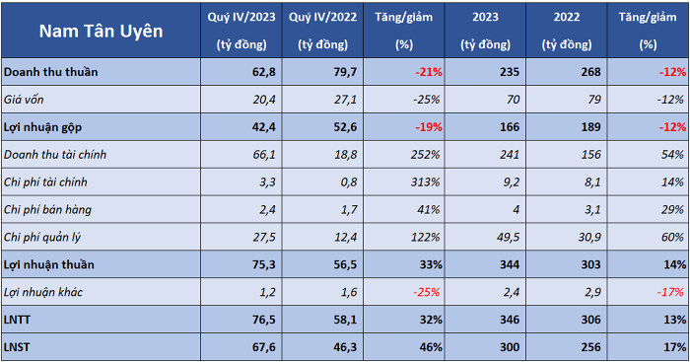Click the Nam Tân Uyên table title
point(101,31)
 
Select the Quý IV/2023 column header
point(241,31)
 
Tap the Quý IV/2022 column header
point(322,31)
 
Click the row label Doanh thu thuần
point(51,72)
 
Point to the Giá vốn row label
point(24,100)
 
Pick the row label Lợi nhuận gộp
point(42,127)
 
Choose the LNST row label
point(17,347)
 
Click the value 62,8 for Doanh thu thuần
point(264,72)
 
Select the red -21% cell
point(429,72)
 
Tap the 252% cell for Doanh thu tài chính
point(425,155)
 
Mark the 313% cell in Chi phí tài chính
point(425,181)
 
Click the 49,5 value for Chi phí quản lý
point(508,237)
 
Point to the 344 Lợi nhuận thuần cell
point(510,264)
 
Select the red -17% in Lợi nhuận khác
point(670,292)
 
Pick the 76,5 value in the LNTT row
point(264,320)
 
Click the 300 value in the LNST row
point(510,347)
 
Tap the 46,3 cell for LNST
point(345,347)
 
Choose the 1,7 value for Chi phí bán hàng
point(349,210)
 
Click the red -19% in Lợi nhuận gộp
point(429,127)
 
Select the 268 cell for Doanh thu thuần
point(590,72)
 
